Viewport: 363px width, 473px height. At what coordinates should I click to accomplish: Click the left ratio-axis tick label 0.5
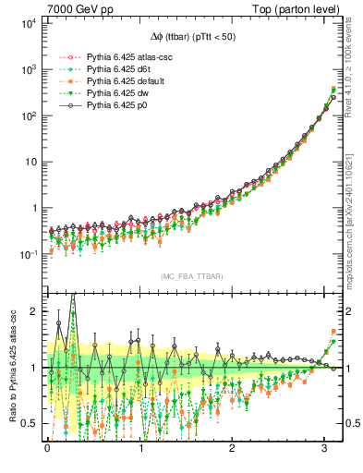30,423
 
